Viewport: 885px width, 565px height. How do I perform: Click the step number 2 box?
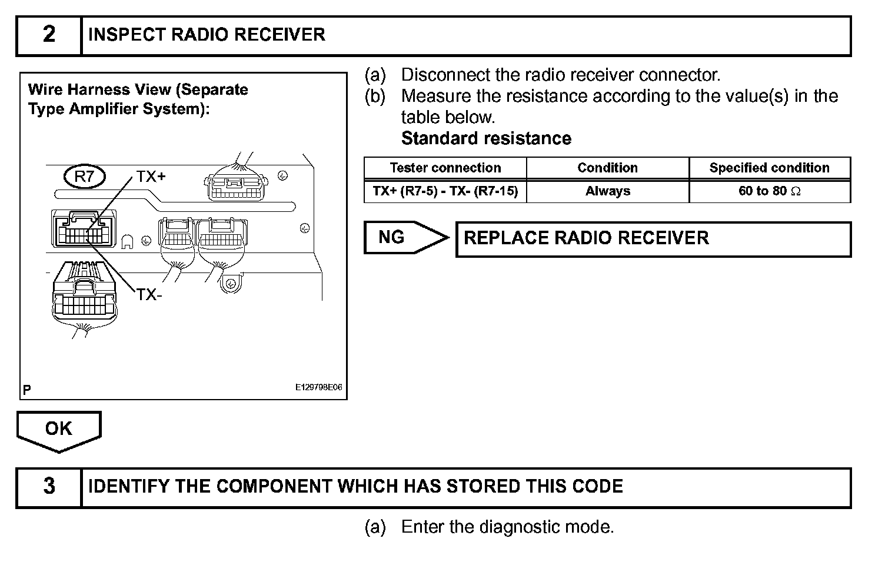49,35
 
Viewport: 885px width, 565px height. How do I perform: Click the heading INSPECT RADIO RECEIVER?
206,35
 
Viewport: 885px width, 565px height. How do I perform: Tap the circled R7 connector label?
84,177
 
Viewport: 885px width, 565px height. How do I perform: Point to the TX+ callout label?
151,177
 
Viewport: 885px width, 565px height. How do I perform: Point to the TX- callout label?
149,294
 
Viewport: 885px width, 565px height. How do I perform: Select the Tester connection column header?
445,168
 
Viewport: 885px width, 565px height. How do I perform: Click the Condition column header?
607,168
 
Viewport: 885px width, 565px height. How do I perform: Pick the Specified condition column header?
769,168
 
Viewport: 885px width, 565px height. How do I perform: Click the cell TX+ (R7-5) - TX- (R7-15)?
445,191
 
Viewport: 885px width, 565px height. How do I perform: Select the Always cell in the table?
607,191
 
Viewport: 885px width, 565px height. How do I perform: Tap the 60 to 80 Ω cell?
769,191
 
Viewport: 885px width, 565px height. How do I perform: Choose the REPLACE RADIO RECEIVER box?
653,238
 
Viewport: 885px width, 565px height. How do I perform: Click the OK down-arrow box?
59,430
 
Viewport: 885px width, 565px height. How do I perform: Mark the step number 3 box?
49,487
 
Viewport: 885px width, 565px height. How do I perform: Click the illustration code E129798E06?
318,388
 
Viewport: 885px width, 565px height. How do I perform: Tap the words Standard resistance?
486,139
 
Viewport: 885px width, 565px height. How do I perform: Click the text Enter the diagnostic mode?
507,527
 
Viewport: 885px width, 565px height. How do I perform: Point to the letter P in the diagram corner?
27,389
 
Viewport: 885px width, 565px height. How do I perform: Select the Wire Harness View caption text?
138,99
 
